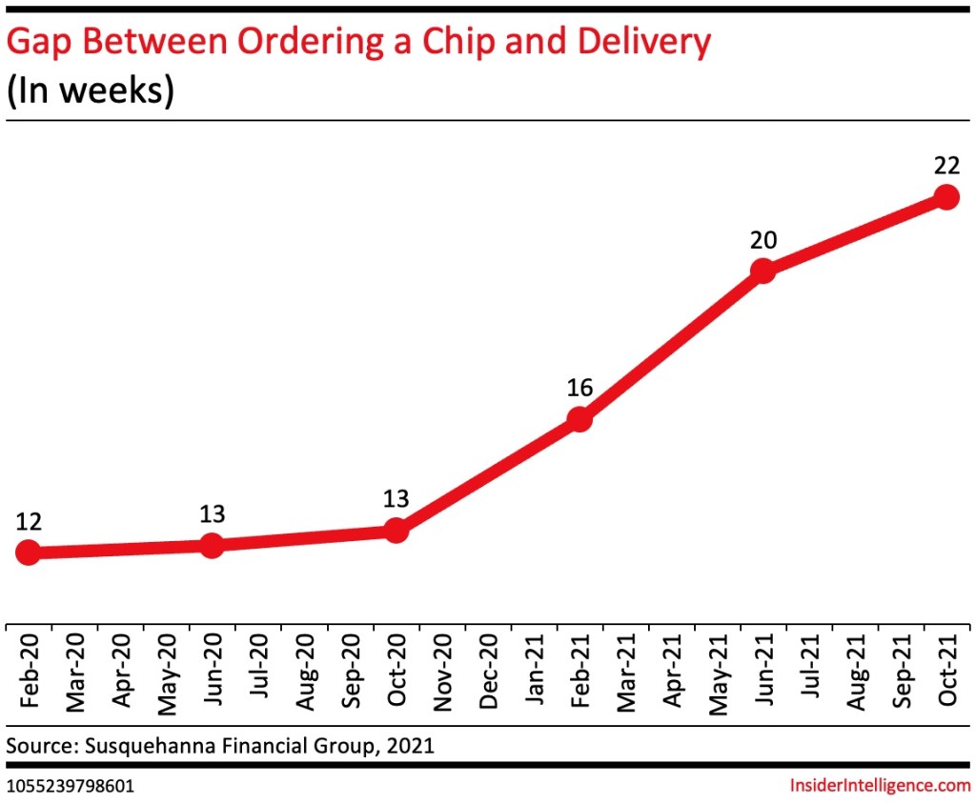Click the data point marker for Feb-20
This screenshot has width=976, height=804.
(x=29, y=552)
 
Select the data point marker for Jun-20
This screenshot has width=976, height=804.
(x=213, y=545)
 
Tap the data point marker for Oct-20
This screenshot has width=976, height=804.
(x=396, y=531)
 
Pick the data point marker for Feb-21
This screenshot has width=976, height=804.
(x=579, y=418)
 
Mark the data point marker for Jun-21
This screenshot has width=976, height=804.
(x=762, y=271)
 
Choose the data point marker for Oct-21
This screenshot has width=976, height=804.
(x=945, y=197)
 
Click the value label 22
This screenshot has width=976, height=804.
(x=945, y=166)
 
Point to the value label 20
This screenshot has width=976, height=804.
(x=762, y=240)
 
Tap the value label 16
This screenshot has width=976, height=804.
(x=579, y=388)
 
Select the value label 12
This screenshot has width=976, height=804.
(x=29, y=521)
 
